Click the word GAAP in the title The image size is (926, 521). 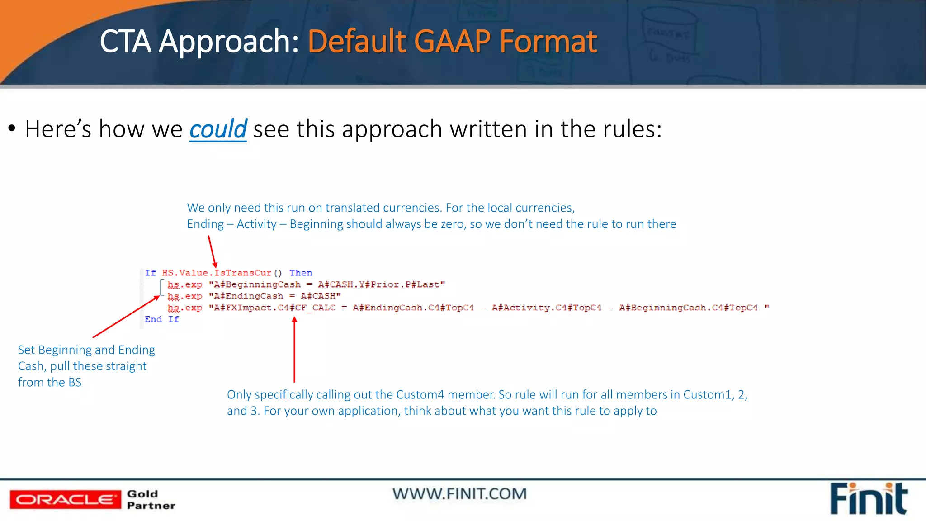452,42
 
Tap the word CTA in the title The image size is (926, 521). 125,42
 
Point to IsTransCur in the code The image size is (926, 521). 242,273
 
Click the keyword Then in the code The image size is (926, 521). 301,273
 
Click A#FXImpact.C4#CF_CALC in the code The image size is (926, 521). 275,308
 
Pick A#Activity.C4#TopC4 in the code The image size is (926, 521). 547,308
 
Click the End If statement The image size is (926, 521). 161,319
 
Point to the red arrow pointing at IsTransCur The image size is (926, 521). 212,252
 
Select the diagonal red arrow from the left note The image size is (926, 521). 126,317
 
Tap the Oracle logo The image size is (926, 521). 65,499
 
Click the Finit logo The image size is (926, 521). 868,499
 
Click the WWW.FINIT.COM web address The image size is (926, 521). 459,494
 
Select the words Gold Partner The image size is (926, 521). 151,499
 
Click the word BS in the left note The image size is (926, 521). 75,382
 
